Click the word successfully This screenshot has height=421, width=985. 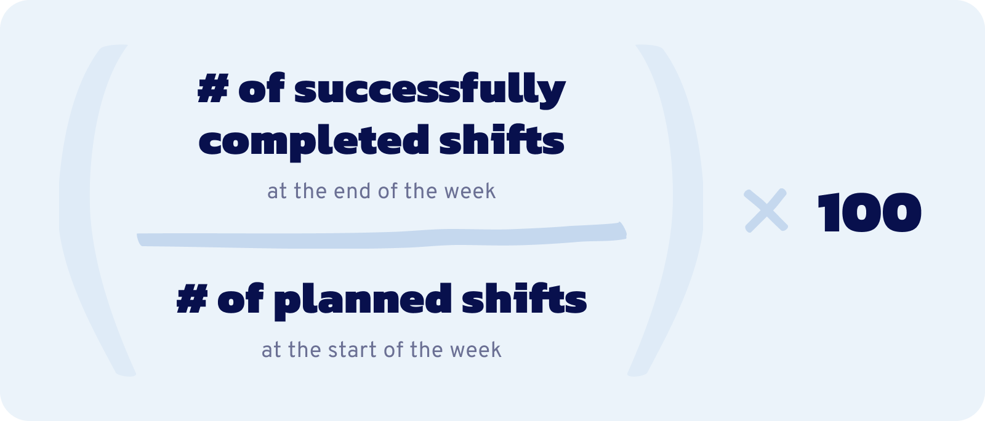click(430, 90)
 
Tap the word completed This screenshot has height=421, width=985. click(314, 140)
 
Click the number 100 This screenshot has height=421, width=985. click(869, 212)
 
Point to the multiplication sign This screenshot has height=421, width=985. click(766, 210)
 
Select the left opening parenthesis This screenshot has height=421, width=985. click(92, 209)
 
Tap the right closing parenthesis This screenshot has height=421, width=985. click(671, 209)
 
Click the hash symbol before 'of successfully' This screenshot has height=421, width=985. click(213, 89)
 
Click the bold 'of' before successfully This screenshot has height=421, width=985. click(261, 89)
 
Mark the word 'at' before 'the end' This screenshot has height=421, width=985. click(277, 191)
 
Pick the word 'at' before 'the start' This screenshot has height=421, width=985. click(271, 350)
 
